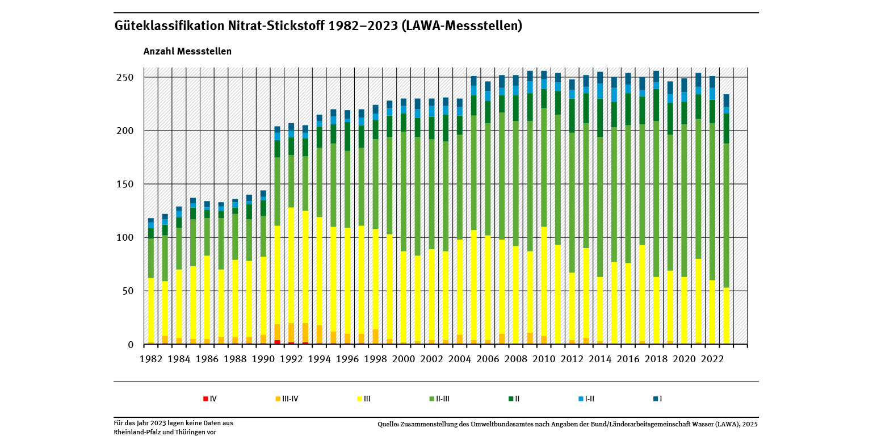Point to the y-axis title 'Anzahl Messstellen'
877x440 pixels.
187,51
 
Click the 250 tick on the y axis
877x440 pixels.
125,77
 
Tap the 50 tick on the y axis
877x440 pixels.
127,291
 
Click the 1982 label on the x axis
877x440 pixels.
151,359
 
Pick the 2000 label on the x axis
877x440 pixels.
404,359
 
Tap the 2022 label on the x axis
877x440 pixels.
712,359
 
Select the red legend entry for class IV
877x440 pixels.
210,399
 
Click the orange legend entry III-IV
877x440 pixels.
287,399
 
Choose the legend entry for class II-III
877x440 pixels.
437,399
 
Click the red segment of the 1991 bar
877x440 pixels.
277,342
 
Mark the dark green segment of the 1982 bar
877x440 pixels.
151,233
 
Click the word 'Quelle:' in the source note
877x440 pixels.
389,424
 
